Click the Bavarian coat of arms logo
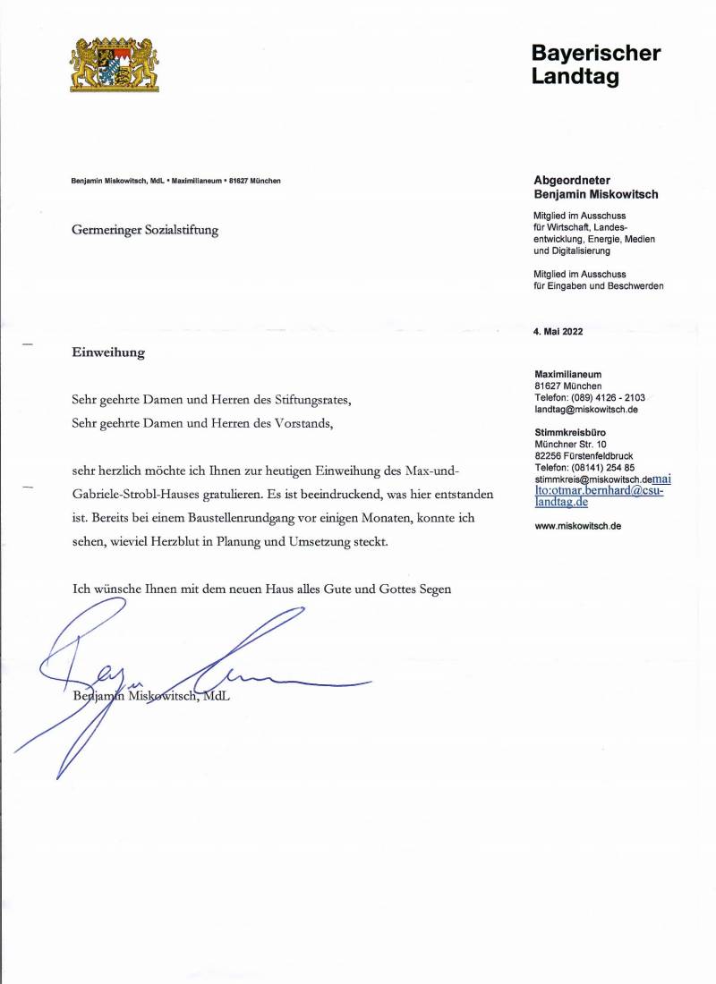click(x=114, y=64)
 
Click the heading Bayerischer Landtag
click(x=595, y=65)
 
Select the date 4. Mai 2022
click(x=558, y=331)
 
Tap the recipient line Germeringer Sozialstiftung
click(x=145, y=230)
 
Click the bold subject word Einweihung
click(x=108, y=352)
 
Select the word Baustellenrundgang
click(x=256, y=519)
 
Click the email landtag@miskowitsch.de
click(x=585, y=409)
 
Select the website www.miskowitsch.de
click(x=577, y=526)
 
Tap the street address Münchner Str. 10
click(x=570, y=444)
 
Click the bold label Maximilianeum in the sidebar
click(x=567, y=374)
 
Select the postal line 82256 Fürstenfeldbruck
click(x=584, y=455)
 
